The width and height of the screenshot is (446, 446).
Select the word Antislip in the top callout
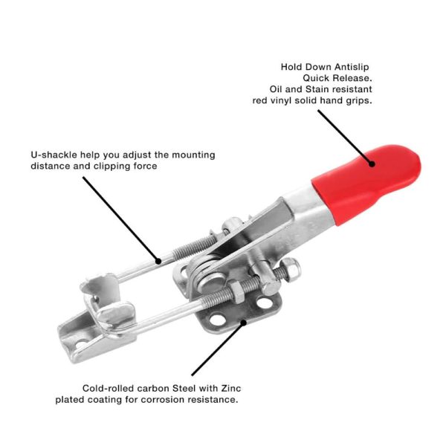pos(352,67)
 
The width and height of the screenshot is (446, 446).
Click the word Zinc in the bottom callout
pos(231,388)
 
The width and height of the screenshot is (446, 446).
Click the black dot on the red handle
pos(372,164)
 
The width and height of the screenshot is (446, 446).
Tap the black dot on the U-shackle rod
pos(158,261)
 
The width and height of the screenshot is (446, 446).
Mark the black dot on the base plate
pos(243,323)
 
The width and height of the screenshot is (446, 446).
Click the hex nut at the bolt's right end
pos(293,269)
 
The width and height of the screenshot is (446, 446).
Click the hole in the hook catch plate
pos(83,344)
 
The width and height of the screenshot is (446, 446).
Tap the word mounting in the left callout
pos(193,155)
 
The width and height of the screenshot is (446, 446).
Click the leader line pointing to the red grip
pos(345,137)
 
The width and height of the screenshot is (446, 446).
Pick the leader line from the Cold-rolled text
pos(218,349)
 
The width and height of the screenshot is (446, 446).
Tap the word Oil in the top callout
pos(276,89)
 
